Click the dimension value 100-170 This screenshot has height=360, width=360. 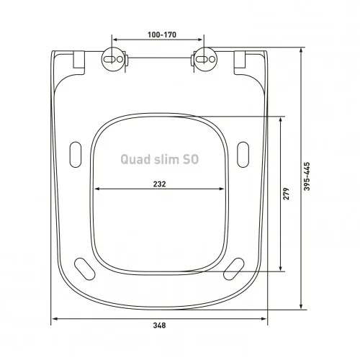(x=160, y=35)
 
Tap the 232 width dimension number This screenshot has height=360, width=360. (x=160, y=184)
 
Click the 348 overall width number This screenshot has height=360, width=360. (x=160, y=326)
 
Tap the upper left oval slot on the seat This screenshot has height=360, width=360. (x=76, y=155)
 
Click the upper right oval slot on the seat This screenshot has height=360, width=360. (x=243, y=155)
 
